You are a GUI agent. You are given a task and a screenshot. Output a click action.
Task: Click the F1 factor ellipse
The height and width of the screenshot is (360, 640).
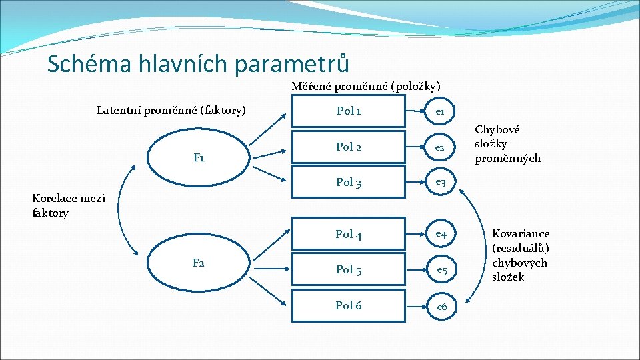point(199,158)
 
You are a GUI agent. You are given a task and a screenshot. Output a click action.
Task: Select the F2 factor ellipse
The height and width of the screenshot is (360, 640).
point(199,263)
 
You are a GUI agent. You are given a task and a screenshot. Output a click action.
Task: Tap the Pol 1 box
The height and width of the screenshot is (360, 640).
point(348,111)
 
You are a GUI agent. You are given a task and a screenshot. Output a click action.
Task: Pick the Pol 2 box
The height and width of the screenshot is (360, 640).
point(348,147)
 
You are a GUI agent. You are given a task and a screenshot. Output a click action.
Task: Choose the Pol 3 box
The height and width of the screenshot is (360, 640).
point(348,182)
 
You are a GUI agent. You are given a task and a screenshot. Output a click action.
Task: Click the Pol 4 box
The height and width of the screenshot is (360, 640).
point(348,234)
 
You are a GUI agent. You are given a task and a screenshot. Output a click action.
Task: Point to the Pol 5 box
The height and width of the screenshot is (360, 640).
point(348,270)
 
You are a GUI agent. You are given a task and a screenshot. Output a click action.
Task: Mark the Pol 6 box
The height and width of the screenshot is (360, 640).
point(348,305)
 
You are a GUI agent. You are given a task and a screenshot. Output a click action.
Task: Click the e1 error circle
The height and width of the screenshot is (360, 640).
point(441,112)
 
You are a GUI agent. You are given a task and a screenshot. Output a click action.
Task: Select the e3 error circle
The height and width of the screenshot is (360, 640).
point(441,182)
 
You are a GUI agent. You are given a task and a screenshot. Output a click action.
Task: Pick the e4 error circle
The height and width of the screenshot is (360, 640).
point(441,234)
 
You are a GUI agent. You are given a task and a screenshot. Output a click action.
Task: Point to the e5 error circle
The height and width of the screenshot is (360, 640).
point(441,270)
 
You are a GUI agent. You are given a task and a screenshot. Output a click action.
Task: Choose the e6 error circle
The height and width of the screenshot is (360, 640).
point(441,306)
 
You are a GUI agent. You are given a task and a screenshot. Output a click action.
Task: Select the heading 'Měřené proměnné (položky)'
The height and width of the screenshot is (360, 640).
point(366,86)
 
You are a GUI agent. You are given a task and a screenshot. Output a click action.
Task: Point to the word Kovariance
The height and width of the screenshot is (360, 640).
point(521,234)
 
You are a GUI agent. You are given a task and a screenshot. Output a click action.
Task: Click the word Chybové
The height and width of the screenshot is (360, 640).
point(497,130)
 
